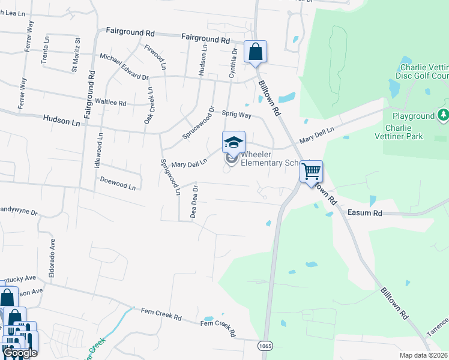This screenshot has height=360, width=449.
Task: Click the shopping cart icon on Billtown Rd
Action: [x=312, y=172]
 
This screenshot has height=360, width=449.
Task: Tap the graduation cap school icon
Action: [x=234, y=142]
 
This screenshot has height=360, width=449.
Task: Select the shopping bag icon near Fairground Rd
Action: [x=256, y=52]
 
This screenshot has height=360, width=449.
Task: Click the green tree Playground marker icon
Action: [x=443, y=114]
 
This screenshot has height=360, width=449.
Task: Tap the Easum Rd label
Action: [x=364, y=212]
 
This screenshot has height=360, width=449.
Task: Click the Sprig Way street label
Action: [x=237, y=113]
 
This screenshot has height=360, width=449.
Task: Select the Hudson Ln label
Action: [x=61, y=120]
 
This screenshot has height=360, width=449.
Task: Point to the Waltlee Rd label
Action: [x=110, y=103]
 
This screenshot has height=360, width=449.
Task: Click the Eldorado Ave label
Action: [x=52, y=255]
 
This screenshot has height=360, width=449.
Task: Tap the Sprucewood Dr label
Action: [x=199, y=123]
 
